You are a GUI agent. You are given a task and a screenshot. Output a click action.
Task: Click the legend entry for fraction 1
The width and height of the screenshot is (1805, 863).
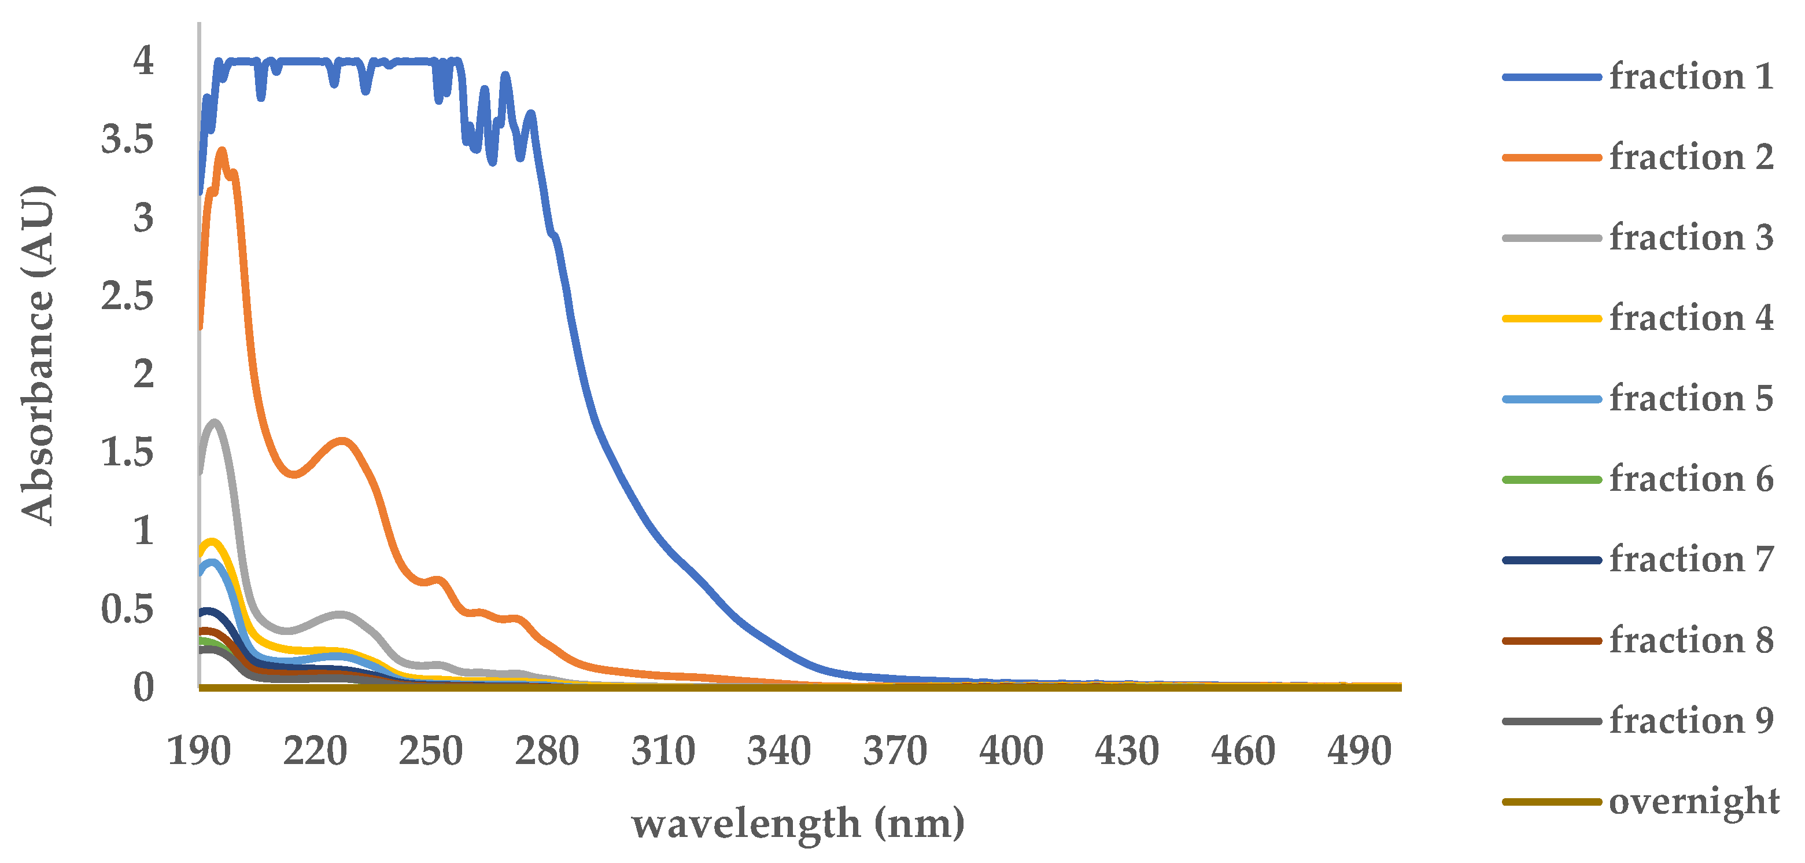(1691, 76)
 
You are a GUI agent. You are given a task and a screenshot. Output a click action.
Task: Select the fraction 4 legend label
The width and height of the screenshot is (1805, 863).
(1691, 318)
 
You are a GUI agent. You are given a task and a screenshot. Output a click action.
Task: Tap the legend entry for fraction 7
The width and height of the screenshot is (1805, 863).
(1691, 560)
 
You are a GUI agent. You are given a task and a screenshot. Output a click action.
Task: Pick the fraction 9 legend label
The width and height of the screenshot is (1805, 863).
(1691, 721)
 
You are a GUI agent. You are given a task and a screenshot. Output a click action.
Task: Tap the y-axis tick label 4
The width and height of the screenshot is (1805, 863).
(143, 61)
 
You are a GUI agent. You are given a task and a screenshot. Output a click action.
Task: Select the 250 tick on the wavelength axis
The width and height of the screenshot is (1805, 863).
(431, 751)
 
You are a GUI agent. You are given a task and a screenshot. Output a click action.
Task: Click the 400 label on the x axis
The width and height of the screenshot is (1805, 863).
(1011, 751)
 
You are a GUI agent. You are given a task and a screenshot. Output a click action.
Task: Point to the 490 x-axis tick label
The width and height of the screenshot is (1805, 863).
(1359, 751)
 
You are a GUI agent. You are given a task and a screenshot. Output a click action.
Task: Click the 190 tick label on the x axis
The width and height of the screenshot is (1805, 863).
(199, 751)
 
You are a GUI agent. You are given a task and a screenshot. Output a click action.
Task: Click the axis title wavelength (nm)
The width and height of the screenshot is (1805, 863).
(798, 824)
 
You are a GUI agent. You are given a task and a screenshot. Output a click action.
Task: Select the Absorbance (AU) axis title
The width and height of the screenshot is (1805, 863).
(36, 355)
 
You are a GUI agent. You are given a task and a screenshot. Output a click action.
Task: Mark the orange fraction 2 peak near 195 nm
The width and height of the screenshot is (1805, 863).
(223, 150)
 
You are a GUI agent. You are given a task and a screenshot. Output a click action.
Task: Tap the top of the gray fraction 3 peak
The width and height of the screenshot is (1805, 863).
(215, 422)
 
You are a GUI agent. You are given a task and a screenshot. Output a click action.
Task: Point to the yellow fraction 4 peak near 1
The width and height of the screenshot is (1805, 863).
(212, 541)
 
